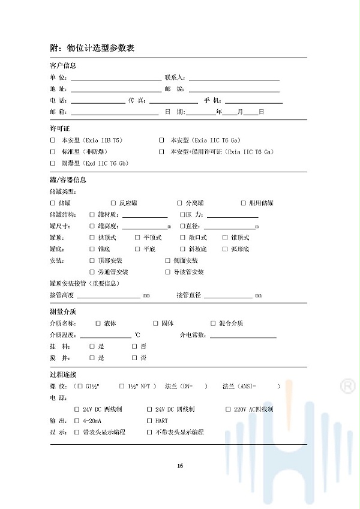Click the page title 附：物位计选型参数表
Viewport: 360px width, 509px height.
(91, 48)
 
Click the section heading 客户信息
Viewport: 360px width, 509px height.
(62, 65)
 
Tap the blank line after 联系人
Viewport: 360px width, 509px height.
(234, 77)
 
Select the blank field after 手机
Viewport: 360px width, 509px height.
(253, 100)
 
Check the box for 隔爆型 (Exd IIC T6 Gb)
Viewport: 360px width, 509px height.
(53, 163)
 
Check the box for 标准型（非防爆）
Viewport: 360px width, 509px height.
(53, 152)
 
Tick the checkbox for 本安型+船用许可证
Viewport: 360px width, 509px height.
(161, 152)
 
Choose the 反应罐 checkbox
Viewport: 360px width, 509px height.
(113, 203)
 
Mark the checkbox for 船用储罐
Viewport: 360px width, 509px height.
(244, 203)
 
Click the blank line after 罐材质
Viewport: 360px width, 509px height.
(145, 215)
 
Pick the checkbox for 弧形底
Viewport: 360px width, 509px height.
(225, 249)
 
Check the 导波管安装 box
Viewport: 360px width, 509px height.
(168, 272)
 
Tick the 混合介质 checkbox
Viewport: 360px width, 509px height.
(213, 324)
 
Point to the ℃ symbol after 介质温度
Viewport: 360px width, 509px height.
(137, 335)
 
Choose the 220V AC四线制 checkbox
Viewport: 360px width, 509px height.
(228, 409)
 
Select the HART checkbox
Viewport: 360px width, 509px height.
(149, 421)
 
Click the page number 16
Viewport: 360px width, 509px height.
(180, 466)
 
